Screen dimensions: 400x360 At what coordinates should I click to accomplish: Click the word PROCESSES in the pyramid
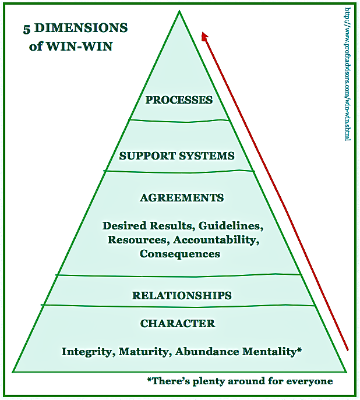179,100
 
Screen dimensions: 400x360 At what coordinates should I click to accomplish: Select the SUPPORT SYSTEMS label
177,156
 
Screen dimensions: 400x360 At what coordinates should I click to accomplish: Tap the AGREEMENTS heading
182,198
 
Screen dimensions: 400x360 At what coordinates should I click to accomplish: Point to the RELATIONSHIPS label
182,295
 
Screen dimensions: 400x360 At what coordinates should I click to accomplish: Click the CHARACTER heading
178,324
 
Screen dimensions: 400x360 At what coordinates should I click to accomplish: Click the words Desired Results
147,225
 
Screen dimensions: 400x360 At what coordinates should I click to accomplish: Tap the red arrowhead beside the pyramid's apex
204,37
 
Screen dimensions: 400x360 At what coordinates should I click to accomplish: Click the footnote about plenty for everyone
240,381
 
